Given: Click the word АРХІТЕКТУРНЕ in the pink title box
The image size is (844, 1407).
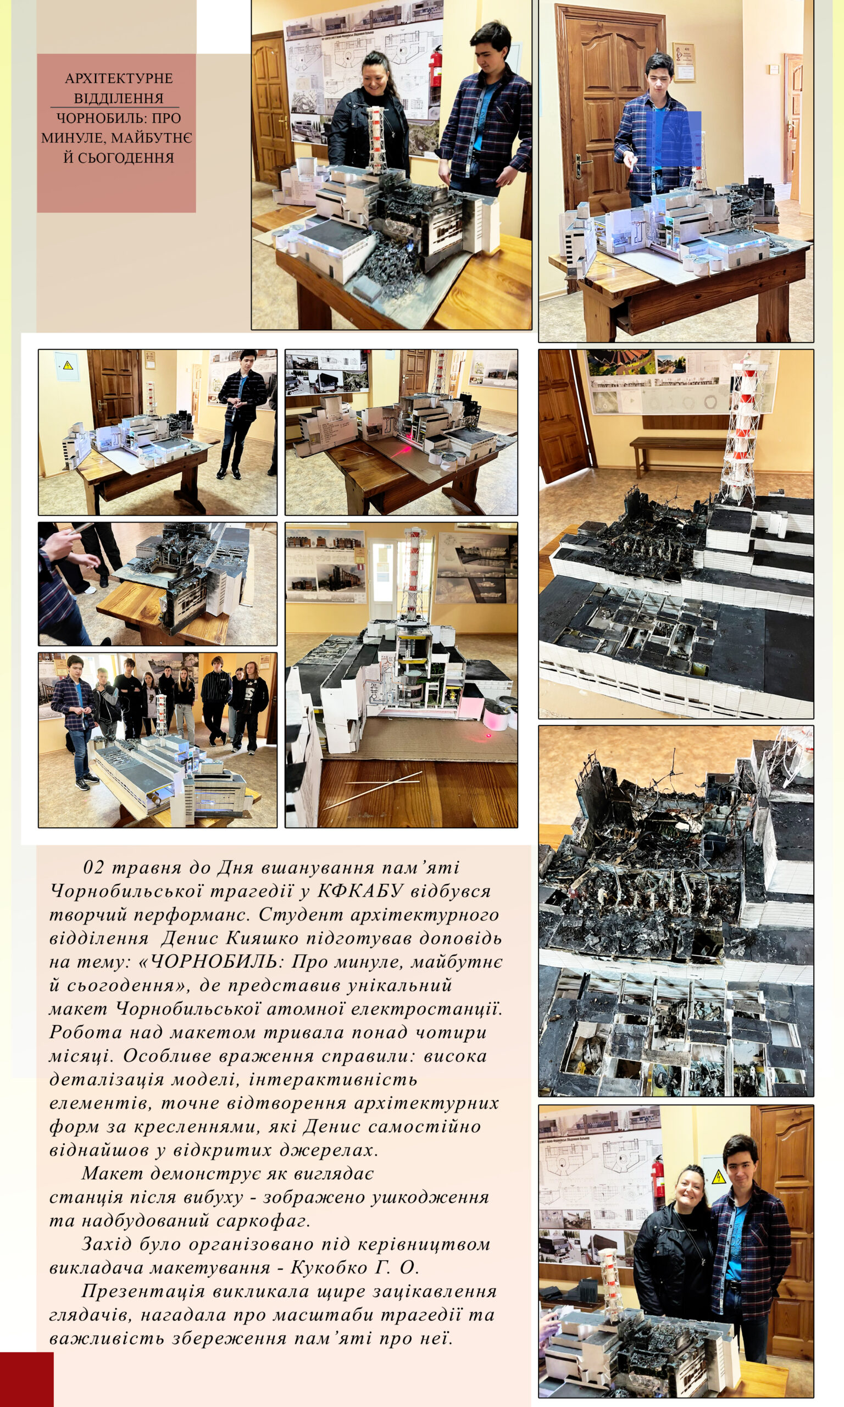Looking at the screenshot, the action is (x=119, y=78).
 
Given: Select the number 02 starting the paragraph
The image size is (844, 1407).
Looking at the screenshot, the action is (x=95, y=867).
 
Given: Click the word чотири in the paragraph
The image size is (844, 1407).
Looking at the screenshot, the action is (x=451, y=1032).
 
